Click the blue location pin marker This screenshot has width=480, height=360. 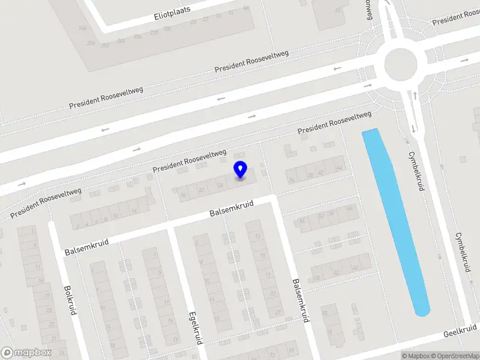tap(241, 169)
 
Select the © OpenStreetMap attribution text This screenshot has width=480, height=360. tap(455, 356)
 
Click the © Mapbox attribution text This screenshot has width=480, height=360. tap(415, 356)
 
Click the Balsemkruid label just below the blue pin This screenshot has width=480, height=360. tap(232, 209)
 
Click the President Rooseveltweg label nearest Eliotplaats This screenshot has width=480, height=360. tap(252, 62)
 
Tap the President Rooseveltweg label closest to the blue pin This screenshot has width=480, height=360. tap(190, 161)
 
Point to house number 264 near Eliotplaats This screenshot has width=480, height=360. tap(82, 28)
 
